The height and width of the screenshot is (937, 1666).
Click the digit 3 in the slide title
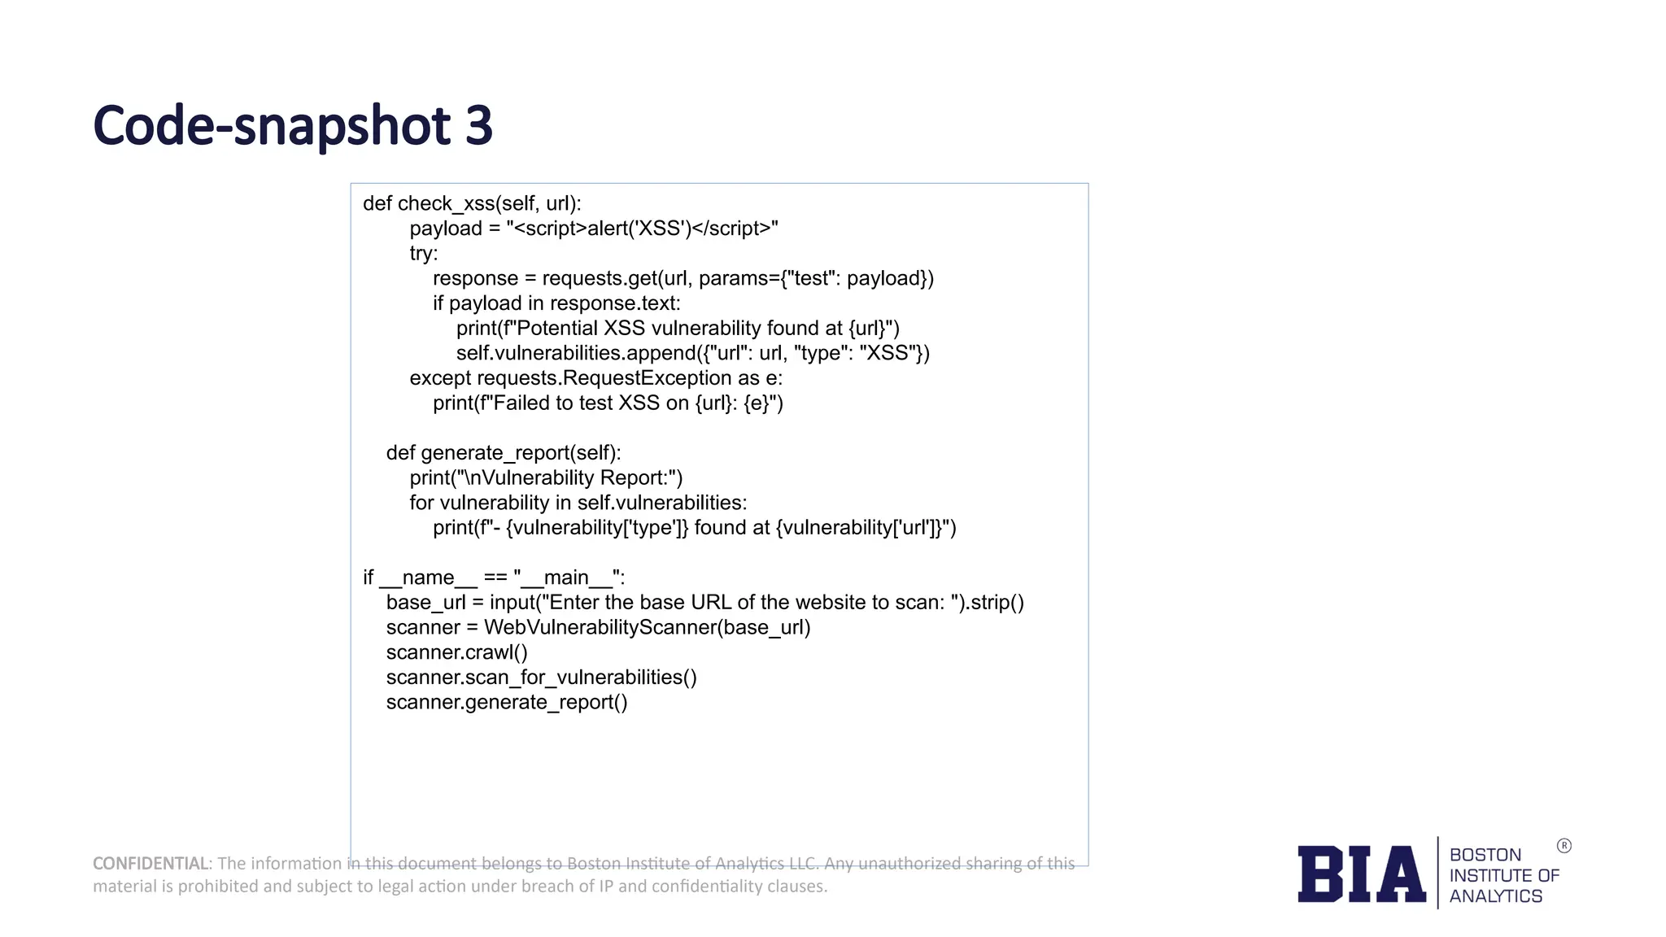click(x=478, y=126)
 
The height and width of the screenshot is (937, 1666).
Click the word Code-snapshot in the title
click(x=272, y=126)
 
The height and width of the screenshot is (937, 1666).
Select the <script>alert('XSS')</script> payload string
click(x=642, y=229)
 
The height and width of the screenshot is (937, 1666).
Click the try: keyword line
click(x=424, y=254)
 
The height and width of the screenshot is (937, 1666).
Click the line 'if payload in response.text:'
click(x=556, y=303)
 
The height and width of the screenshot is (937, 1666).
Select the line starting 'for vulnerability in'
click(x=578, y=503)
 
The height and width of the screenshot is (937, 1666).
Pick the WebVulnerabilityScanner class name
click(x=600, y=628)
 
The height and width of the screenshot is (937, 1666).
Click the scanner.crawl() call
click(x=456, y=652)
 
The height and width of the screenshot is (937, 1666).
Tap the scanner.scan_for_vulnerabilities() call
click(x=541, y=678)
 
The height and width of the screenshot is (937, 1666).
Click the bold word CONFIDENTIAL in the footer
click(x=150, y=863)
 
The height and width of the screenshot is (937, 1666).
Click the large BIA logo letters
click(x=1361, y=874)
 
